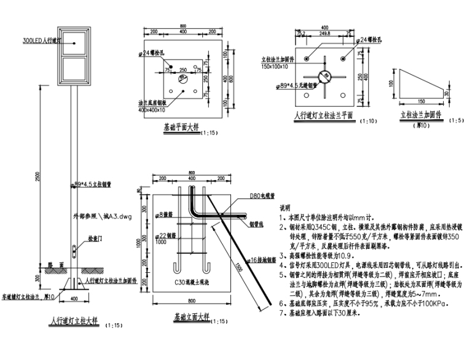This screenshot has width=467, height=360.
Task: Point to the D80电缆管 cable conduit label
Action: [262, 196]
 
